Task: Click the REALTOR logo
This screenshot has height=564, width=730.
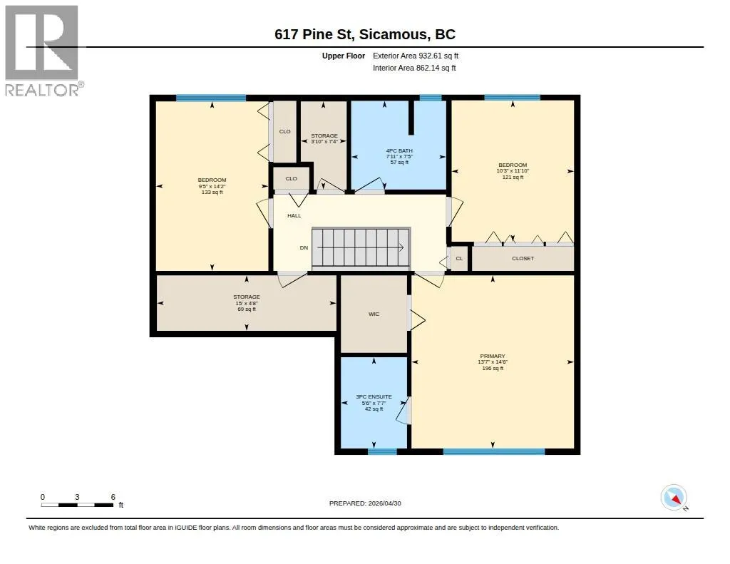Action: (44, 51)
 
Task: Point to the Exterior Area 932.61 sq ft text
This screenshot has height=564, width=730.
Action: (416, 56)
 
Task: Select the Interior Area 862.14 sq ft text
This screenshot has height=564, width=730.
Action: (414, 68)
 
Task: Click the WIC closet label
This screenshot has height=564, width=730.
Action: (374, 314)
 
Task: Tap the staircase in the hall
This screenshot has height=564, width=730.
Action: (361, 248)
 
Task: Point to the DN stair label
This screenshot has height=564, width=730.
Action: (304, 247)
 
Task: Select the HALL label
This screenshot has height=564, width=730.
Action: (294, 215)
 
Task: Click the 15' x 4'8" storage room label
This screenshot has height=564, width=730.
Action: (246, 303)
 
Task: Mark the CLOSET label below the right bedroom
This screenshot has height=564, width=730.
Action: (523, 259)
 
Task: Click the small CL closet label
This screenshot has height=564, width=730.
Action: (460, 259)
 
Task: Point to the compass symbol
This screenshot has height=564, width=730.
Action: (674, 498)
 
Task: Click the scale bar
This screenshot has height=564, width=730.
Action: (77, 505)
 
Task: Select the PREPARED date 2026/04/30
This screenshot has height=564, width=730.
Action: (365, 503)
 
